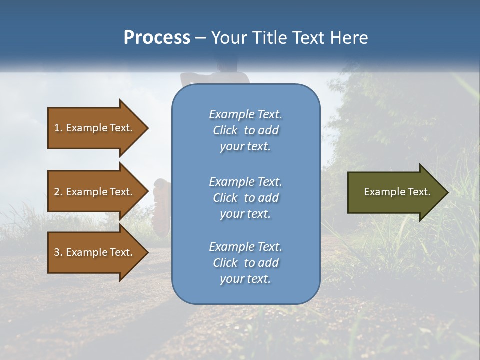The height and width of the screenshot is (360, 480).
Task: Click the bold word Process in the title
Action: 157,38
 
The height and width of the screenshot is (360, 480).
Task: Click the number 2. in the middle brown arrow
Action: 58,192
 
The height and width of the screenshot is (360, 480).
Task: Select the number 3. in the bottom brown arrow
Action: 58,252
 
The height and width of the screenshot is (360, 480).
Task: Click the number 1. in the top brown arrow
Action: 58,128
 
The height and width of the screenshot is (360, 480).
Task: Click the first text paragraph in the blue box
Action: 245,130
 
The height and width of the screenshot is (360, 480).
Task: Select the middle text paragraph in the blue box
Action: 245,198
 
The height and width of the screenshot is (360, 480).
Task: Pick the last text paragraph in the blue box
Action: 245,263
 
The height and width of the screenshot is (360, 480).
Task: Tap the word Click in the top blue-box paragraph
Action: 225,130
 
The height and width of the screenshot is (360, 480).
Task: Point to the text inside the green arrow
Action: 397,192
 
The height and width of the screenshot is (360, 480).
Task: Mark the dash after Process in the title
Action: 200,38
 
